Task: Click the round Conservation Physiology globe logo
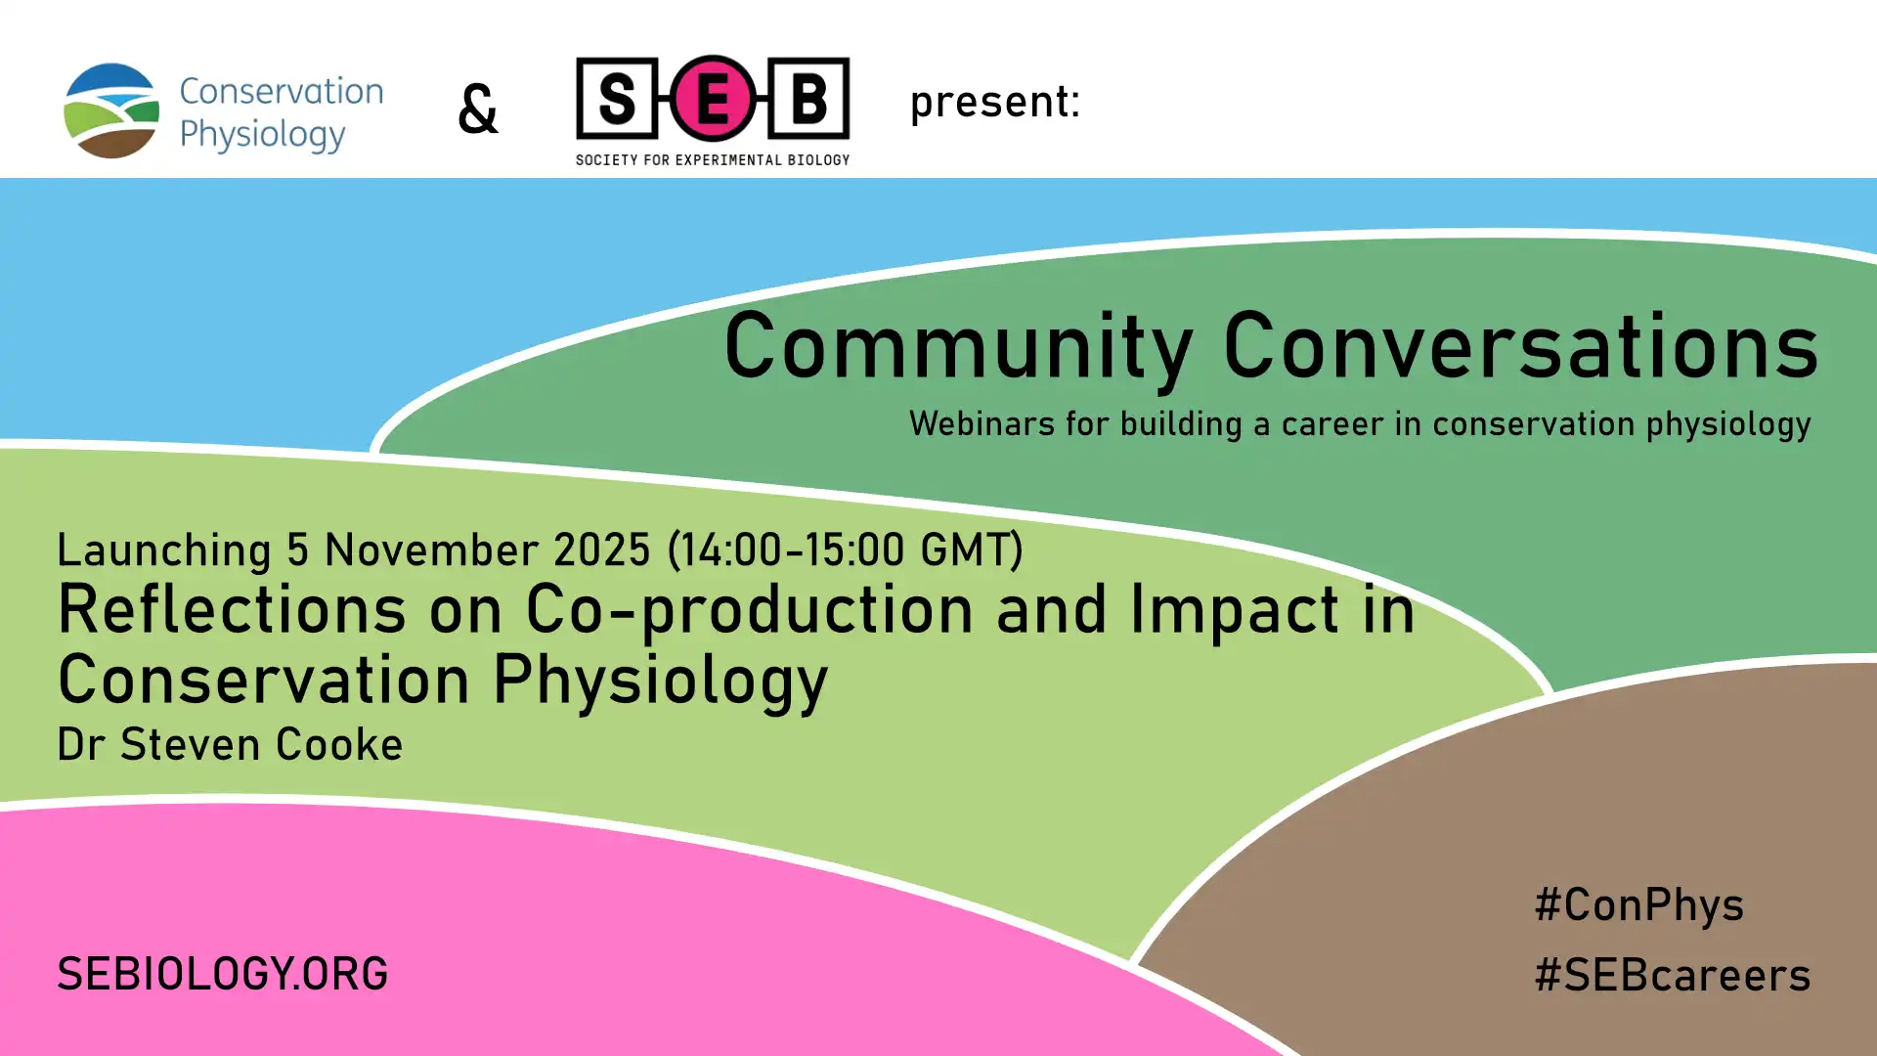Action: (111, 110)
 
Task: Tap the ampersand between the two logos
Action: (478, 109)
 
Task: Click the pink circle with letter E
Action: (713, 98)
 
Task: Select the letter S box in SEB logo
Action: (617, 98)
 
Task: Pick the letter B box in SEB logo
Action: (808, 98)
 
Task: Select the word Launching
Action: (164, 551)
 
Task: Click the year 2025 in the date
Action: (602, 550)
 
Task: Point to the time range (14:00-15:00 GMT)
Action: (845, 550)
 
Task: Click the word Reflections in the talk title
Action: (232, 609)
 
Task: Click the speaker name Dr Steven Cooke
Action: (230, 745)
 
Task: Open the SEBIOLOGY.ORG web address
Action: (223, 975)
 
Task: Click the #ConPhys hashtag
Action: (1639, 906)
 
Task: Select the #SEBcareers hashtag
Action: (1673, 976)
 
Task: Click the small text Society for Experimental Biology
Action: (713, 159)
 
